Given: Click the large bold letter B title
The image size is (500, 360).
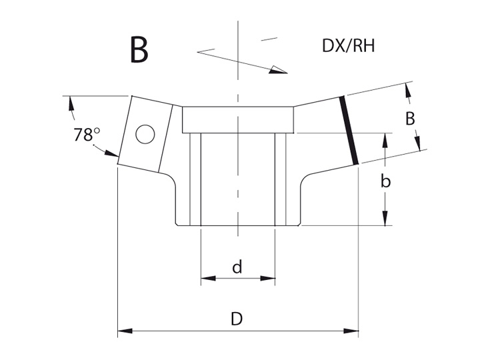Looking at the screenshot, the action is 139,50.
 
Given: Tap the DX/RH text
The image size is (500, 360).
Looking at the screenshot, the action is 348,45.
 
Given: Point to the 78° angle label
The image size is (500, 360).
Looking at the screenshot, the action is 87,134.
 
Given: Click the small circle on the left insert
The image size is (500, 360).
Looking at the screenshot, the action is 145,134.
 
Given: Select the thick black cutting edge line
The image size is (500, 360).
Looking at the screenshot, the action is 349,130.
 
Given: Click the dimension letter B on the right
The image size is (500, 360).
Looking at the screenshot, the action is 410,119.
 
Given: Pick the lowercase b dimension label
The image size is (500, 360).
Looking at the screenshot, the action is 385,181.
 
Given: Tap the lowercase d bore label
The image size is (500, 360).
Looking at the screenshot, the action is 237,267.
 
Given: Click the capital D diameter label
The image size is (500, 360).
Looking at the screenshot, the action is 237,319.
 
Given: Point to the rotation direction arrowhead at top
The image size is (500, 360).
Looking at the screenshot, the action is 277,70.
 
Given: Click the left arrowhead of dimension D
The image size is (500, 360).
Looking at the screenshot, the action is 125,331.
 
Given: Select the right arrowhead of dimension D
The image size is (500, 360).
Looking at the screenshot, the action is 351,331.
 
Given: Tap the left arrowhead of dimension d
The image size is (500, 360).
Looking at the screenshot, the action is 208,279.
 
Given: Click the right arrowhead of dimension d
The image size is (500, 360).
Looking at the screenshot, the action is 268,279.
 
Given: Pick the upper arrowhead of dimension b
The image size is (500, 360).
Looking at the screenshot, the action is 385,140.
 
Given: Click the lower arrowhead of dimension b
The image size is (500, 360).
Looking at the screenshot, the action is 385,219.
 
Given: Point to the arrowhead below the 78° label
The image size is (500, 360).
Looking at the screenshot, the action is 112,153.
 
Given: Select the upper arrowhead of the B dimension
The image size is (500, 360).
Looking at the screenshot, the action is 407,90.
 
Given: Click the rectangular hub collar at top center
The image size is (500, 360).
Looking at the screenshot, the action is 238,120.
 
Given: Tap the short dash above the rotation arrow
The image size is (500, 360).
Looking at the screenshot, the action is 269,39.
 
